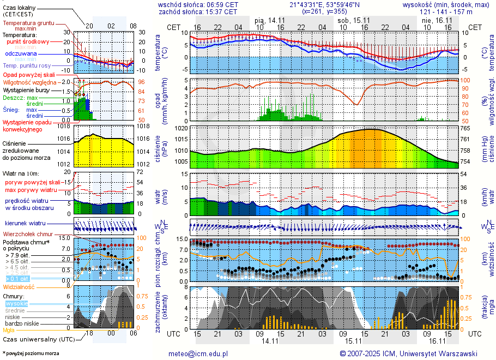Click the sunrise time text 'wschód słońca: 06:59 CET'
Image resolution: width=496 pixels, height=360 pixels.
point(198,4)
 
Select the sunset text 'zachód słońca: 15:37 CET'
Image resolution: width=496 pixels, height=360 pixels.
point(198,11)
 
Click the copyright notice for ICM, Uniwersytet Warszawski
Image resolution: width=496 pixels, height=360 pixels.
point(408,353)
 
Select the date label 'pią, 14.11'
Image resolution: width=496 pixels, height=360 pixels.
point(270,20)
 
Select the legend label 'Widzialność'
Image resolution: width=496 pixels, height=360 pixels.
point(19,286)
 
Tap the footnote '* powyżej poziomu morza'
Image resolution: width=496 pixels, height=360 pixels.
point(31,353)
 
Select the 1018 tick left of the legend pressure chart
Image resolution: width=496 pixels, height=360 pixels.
point(64,126)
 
